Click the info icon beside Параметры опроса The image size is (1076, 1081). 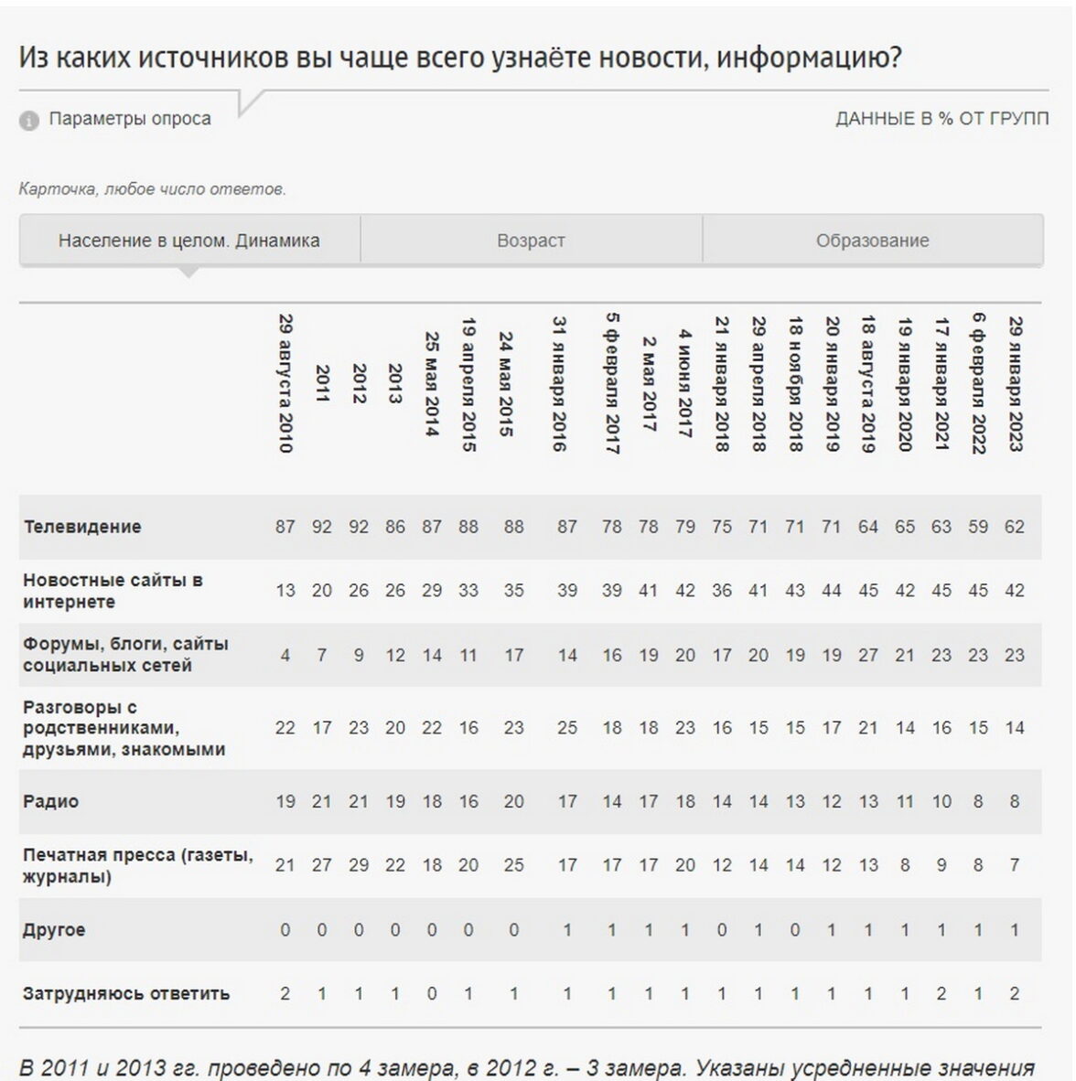click(x=29, y=120)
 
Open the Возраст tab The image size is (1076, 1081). click(x=531, y=241)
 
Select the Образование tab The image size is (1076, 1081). click(x=872, y=241)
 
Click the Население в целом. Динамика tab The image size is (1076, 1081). click(x=189, y=241)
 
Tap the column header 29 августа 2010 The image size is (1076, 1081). click(x=285, y=383)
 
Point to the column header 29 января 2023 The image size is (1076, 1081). click(x=1015, y=383)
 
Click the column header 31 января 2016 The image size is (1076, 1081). click(x=560, y=383)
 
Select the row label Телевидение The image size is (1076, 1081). click(x=82, y=527)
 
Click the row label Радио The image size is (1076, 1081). click(x=51, y=801)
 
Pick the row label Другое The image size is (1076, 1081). click(x=54, y=929)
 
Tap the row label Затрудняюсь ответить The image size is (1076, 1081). click(x=126, y=993)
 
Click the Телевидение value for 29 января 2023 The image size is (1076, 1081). click(x=1014, y=527)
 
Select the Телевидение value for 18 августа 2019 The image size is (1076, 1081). click(x=867, y=527)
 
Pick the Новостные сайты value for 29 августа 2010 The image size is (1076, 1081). click(x=285, y=591)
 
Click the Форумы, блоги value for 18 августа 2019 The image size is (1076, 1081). click(x=867, y=655)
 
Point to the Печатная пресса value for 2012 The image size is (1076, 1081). click(x=359, y=865)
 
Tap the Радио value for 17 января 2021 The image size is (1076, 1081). click(x=941, y=801)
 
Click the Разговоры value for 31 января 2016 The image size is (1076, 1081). click(x=567, y=728)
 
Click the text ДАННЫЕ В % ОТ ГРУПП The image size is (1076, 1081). click(x=941, y=119)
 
